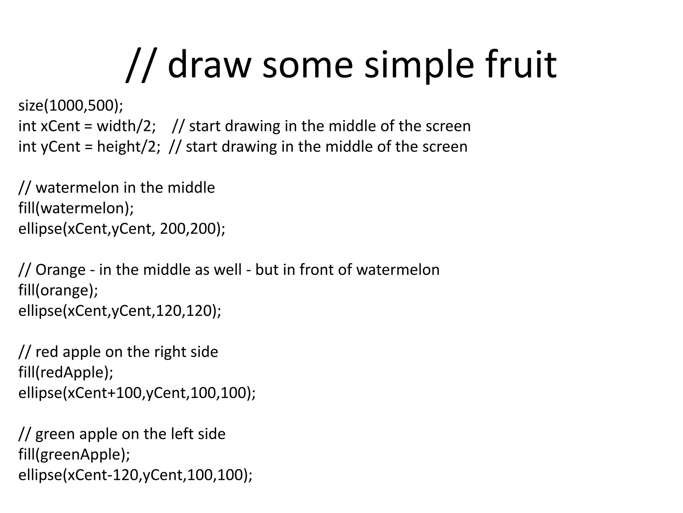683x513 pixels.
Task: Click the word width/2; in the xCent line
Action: click(126, 126)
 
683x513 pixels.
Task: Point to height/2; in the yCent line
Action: click(128, 147)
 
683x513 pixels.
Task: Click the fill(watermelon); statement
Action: click(76, 208)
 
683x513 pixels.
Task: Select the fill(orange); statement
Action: click(58, 290)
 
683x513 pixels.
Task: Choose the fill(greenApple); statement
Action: click(74, 455)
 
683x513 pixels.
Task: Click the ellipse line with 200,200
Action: click(122, 229)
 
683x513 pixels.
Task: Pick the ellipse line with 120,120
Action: click(120, 311)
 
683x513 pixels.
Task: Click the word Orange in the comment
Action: click(60, 270)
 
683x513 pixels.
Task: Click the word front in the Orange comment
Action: click(316, 270)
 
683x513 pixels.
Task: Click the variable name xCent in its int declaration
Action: click(60, 126)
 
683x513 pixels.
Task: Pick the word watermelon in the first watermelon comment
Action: click(77, 188)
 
